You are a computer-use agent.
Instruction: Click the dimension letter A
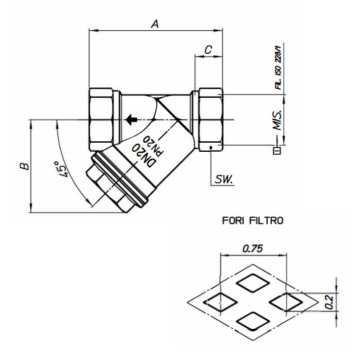153,20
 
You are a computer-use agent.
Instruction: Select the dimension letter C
207,47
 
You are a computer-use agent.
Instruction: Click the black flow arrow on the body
130,121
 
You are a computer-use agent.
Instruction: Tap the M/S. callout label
275,128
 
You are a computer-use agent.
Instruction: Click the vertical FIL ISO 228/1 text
276,67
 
